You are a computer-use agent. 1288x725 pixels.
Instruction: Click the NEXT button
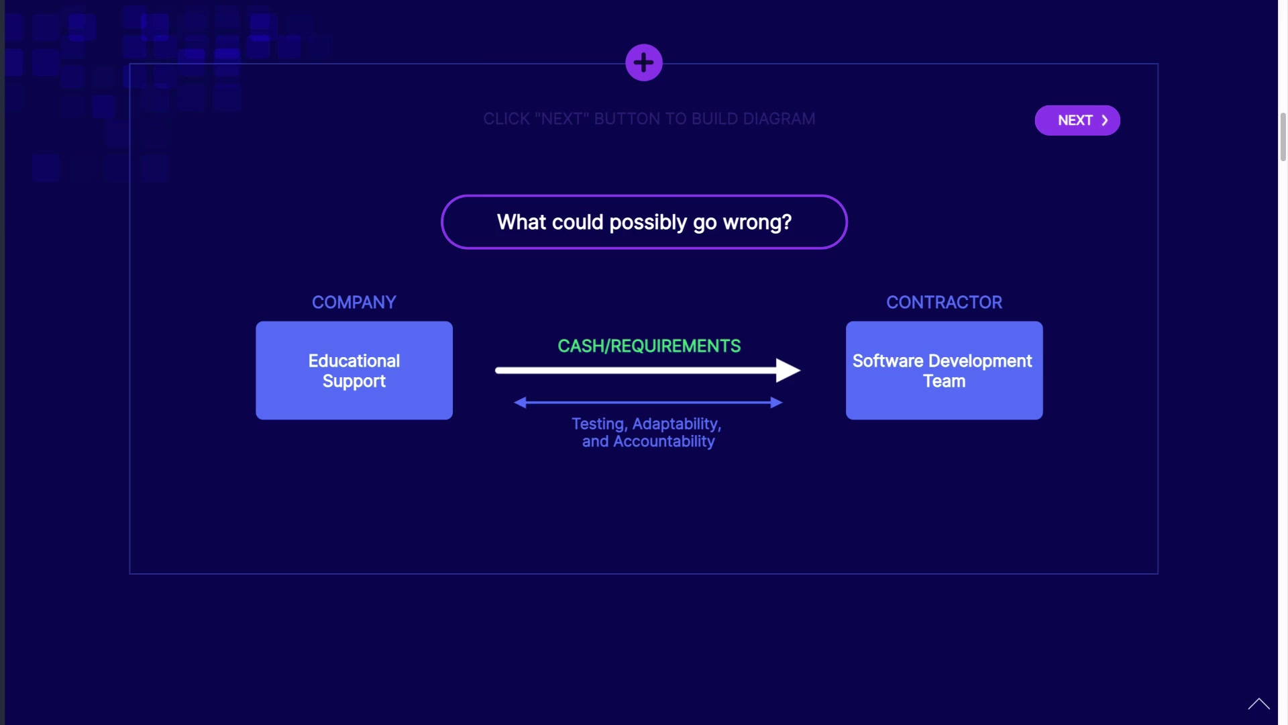click(1077, 120)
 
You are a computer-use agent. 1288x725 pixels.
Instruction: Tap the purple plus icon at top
click(644, 62)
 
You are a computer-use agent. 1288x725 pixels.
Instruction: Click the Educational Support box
click(354, 371)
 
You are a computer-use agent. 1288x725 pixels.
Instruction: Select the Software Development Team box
click(944, 371)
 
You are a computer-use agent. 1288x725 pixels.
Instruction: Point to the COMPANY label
click(354, 302)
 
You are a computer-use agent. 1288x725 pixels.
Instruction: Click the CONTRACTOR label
click(944, 302)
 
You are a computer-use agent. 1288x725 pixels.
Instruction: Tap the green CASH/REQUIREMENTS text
click(649, 346)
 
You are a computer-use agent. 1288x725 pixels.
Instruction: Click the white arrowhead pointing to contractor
click(788, 370)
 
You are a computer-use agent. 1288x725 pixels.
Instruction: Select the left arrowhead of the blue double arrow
click(520, 402)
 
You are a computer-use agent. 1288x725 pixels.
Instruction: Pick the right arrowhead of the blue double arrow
click(777, 402)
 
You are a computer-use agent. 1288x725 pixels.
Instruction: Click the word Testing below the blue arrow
click(599, 424)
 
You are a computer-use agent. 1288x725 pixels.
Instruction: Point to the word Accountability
click(664, 442)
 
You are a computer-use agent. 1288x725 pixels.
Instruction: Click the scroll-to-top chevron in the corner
click(1258, 704)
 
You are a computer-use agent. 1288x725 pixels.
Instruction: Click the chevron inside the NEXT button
click(1104, 120)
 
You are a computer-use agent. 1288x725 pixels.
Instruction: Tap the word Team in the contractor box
click(944, 381)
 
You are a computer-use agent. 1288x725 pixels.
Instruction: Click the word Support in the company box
click(354, 381)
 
